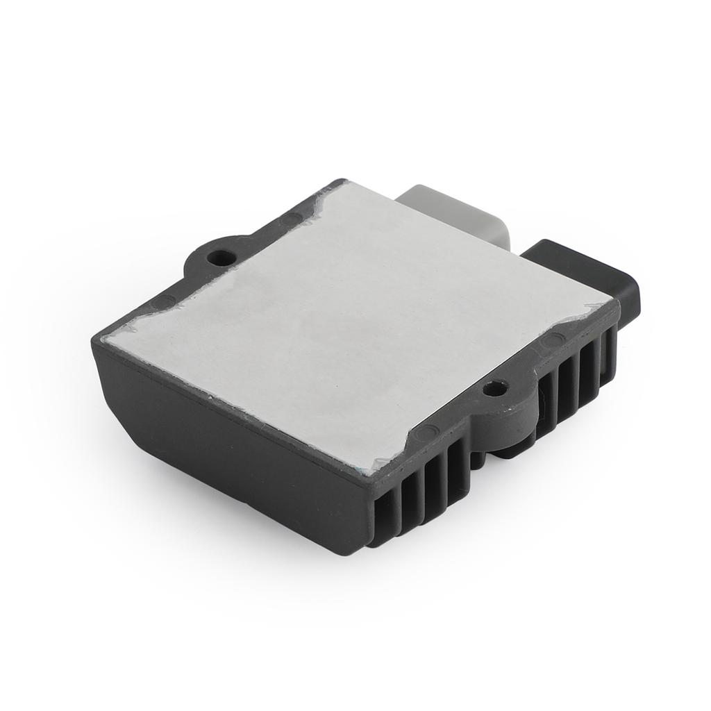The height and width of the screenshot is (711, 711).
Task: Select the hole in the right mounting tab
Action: click(494, 389)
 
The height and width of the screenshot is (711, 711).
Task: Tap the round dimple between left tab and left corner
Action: click(167, 301)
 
